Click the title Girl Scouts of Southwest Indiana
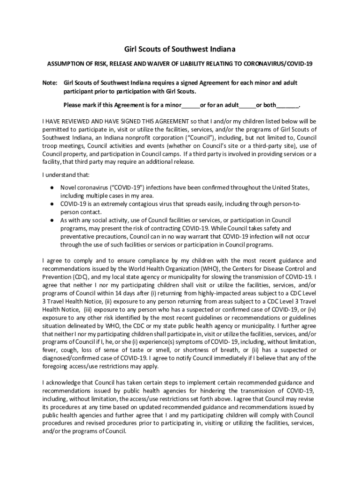180,49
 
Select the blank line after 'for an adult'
247,105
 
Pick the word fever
49,350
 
